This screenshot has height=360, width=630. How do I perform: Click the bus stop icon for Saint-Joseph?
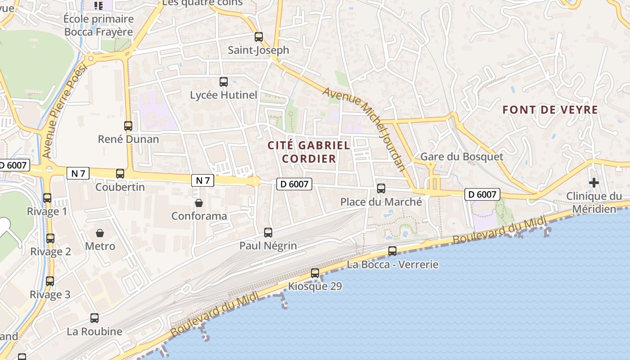coord(258,36)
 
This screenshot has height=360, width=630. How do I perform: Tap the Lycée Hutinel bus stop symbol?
coord(224,82)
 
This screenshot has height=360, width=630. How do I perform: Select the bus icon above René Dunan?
coord(128,126)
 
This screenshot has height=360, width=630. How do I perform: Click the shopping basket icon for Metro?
coord(100,233)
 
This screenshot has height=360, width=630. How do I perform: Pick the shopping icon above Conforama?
coord(199,203)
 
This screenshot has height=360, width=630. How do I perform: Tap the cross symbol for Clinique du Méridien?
coord(594,183)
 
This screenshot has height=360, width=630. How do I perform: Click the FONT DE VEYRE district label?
coord(550,110)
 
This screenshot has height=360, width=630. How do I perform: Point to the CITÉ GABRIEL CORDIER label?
coord(309,152)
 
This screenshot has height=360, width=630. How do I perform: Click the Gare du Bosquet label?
coord(462,157)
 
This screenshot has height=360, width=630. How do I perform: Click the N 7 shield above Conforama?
coord(202,180)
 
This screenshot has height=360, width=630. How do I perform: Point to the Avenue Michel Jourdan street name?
coord(364,129)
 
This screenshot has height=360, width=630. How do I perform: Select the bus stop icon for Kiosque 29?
coord(315,273)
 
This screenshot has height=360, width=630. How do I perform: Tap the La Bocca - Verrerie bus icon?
coord(392,251)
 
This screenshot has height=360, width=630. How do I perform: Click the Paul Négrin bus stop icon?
coord(268,233)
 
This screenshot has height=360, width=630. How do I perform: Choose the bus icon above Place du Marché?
coord(381,189)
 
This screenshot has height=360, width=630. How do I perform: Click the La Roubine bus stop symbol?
coord(94,318)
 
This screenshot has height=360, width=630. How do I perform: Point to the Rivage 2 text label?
coord(50,252)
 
